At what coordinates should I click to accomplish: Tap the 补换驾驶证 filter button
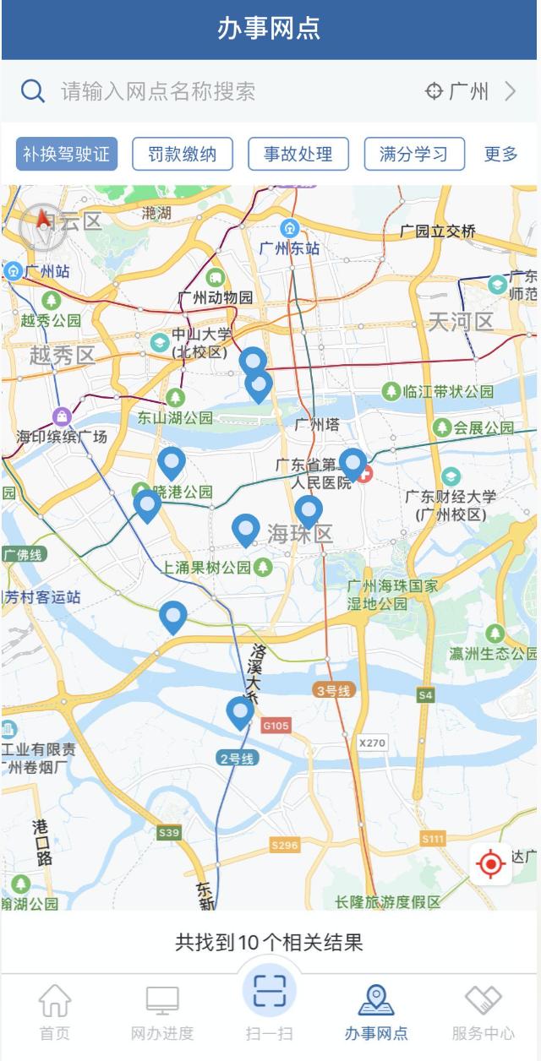pyautogui.click(x=67, y=154)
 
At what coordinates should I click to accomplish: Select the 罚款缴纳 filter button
pyautogui.click(x=183, y=154)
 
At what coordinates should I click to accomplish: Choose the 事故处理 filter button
pyautogui.click(x=298, y=154)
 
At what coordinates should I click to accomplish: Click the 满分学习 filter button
pyautogui.click(x=414, y=154)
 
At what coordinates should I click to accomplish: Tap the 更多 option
pyautogui.click(x=500, y=154)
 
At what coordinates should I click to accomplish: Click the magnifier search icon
pyautogui.click(x=33, y=91)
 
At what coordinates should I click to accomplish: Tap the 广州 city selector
pyautogui.click(x=470, y=91)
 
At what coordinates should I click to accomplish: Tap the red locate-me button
pyautogui.click(x=491, y=863)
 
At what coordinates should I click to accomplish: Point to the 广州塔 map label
pyautogui.click(x=317, y=424)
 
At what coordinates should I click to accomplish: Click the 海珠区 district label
pyautogui.click(x=300, y=534)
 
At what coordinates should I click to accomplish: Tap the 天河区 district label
pyautogui.click(x=461, y=322)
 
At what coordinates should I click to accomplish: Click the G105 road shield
pyautogui.click(x=276, y=725)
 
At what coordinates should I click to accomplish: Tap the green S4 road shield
pyautogui.click(x=425, y=694)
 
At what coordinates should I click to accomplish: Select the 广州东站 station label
pyautogui.click(x=290, y=248)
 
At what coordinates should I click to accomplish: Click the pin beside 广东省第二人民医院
pyautogui.click(x=352, y=463)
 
